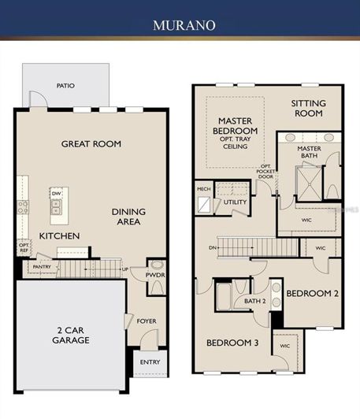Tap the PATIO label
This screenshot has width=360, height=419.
point(65,85)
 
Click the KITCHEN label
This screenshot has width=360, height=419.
point(60,235)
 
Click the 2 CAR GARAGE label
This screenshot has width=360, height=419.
point(69,335)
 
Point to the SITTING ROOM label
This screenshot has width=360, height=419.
point(307,108)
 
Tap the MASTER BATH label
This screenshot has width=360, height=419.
point(309,153)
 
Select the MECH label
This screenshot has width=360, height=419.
point(203,189)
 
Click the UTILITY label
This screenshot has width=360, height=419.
point(235,202)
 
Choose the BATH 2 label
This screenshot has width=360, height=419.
point(253,301)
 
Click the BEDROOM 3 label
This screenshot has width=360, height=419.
point(232,343)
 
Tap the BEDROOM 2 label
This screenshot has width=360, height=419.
point(312,293)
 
